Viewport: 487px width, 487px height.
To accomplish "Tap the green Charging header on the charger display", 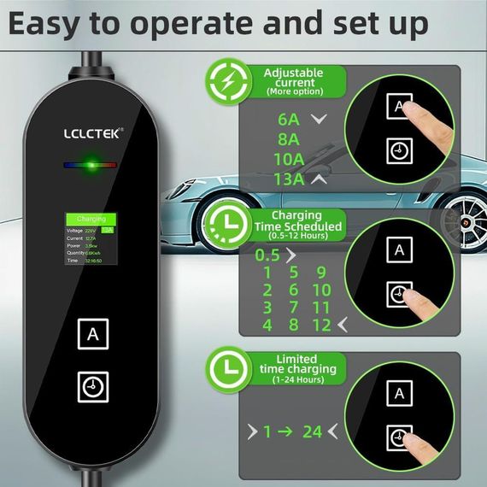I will pyautogui.click(x=91, y=220).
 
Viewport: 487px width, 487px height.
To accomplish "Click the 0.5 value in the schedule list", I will pyautogui.click(x=268, y=255).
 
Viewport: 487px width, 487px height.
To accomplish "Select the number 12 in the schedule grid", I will pyautogui.click(x=320, y=326).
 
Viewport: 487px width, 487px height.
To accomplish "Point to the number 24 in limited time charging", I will pyautogui.click(x=313, y=431).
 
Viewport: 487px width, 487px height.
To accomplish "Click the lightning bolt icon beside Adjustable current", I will pyautogui.click(x=229, y=80).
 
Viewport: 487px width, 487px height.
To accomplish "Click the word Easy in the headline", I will pyautogui.click(x=48, y=23).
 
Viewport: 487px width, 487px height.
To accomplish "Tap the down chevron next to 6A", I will pyautogui.click(x=320, y=120).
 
